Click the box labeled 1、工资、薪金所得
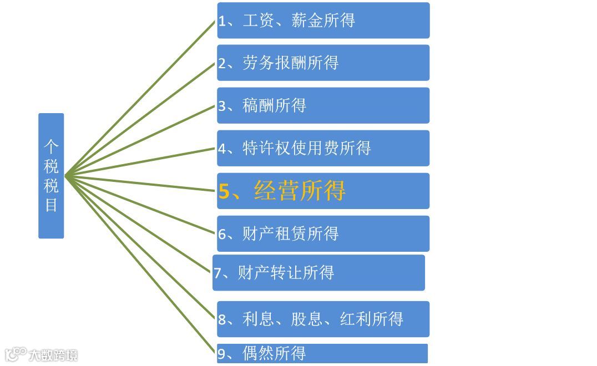pyautogui.click(x=323, y=21)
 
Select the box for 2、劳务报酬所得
pyautogui.click(x=323, y=63)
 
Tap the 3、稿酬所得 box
pyautogui.click(x=323, y=105)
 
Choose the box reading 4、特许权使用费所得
pyautogui.click(x=323, y=148)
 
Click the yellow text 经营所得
pyautogui.click(x=300, y=191)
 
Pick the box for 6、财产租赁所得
pyautogui.click(x=323, y=233)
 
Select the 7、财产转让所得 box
pyautogui.click(x=318, y=273)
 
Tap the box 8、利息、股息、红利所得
pyautogui.click(x=323, y=319)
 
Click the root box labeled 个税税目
pyautogui.click(x=51, y=176)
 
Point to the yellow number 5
pyautogui.click(x=224, y=191)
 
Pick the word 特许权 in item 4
pyautogui.click(x=266, y=148)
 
